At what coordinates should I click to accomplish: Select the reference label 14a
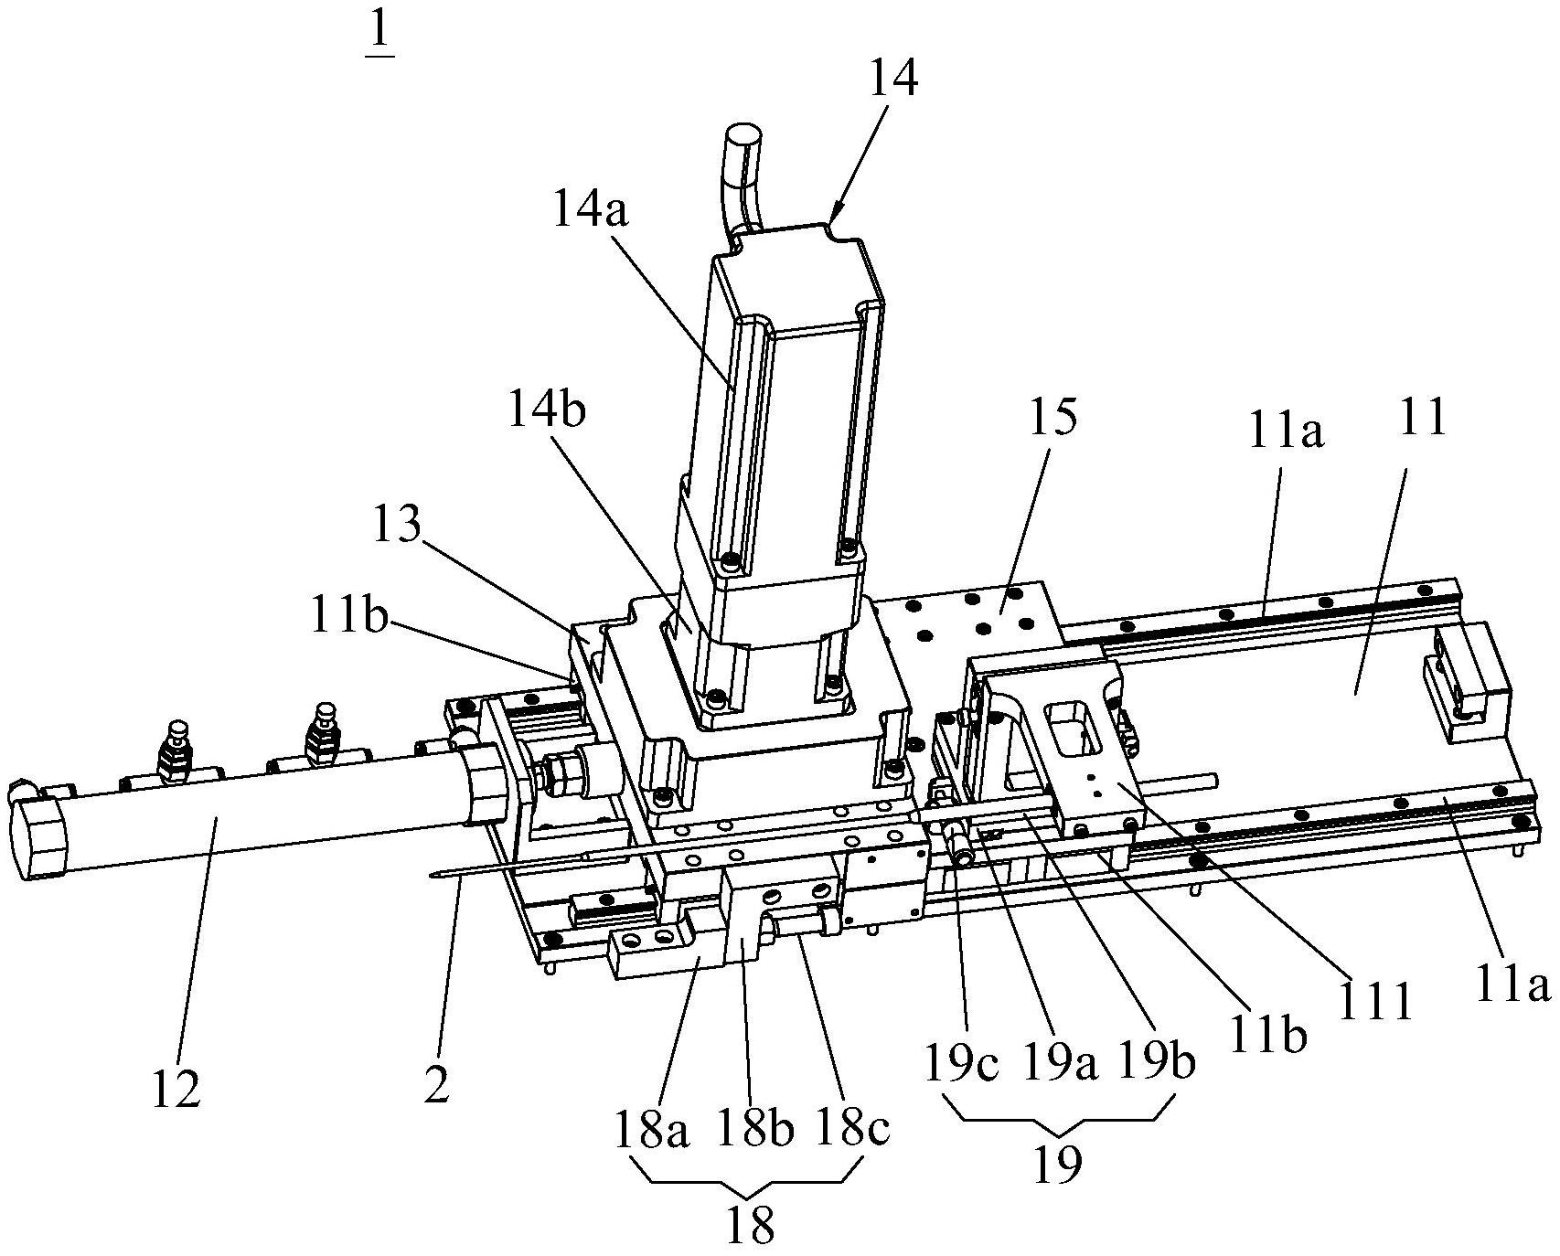coord(593,212)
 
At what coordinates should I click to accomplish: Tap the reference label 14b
coord(548,411)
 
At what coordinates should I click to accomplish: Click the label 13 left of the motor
coord(396,526)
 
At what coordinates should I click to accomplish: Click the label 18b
coord(753,1131)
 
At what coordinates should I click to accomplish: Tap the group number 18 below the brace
coord(750,1225)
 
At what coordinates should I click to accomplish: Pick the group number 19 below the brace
coord(1058,1163)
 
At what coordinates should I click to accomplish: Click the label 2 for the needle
coord(437,1085)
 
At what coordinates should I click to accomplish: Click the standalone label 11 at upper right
coord(1422,418)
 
